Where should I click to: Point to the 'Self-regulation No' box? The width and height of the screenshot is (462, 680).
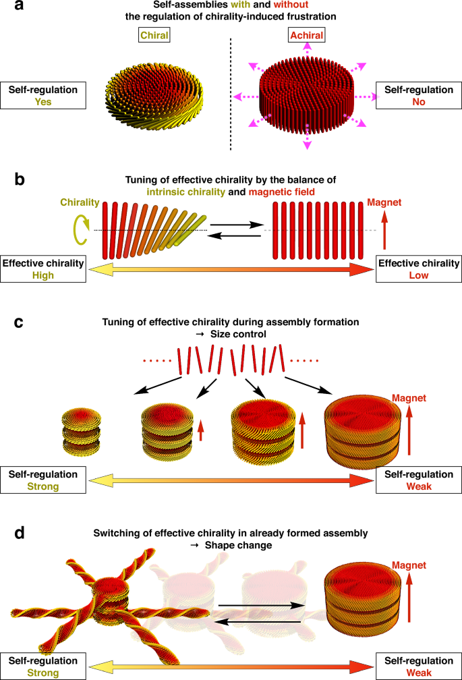pos(416,96)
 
